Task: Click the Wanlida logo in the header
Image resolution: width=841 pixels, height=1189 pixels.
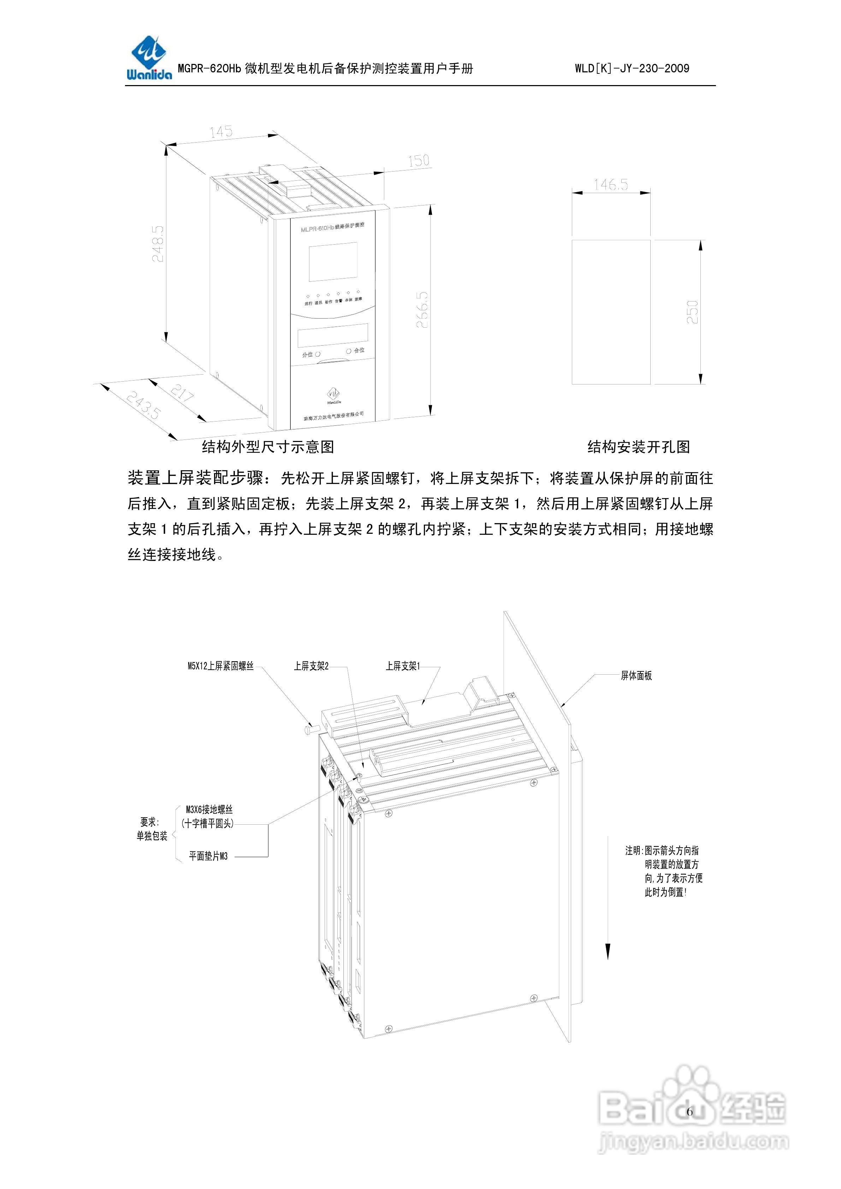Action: click(149, 59)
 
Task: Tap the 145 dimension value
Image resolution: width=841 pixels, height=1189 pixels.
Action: click(221, 132)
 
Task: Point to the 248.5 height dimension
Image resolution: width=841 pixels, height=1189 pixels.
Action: click(158, 243)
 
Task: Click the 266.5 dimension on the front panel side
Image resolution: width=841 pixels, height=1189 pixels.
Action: click(422, 309)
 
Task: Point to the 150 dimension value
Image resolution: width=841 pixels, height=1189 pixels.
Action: click(418, 161)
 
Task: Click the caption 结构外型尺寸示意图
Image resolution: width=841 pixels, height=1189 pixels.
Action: click(268, 447)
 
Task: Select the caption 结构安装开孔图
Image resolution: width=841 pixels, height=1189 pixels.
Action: click(638, 447)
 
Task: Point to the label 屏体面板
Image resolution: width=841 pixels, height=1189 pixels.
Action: click(636, 676)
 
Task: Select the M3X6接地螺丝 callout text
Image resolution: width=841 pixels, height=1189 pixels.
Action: click(209, 810)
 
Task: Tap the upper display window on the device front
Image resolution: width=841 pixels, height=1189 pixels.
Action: click(334, 263)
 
